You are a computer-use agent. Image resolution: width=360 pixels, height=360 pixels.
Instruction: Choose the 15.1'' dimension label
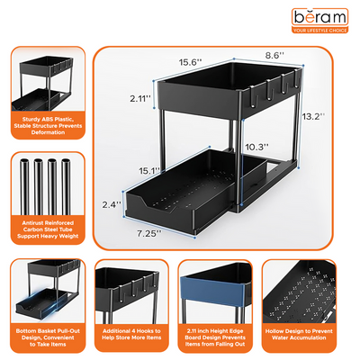pos(149,170)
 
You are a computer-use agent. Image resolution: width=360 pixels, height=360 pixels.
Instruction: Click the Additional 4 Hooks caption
pos(130,332)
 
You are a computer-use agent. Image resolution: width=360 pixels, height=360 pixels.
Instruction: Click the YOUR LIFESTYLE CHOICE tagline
pos(320,31)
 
